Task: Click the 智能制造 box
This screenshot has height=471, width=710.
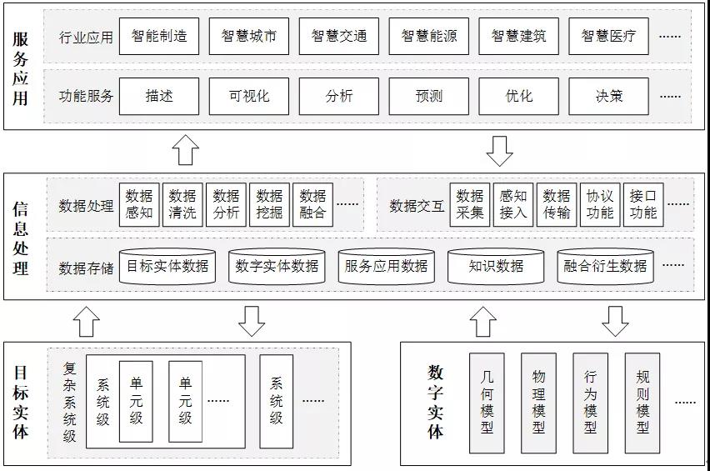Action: click(x=159, y=37)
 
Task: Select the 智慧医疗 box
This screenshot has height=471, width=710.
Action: click(x=609, y=37)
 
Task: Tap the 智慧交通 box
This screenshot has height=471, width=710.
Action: click(x=339, y=37)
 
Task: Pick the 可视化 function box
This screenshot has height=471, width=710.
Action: click(x=249, y=96)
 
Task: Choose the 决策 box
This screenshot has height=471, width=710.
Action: click(x=609, y=96)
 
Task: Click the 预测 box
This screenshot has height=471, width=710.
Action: click(x=429, y=96)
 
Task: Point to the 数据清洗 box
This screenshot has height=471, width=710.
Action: click(x=182, y=204)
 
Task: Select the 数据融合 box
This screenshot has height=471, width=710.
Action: click(x=312, y=204)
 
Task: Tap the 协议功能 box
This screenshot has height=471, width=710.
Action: click(x=599, y=204)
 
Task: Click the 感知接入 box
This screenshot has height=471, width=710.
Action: click(x=512, y=204)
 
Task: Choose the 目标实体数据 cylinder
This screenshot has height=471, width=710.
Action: click(x=167, y=266)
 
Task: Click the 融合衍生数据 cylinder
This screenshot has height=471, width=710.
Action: click(x=605, y=266)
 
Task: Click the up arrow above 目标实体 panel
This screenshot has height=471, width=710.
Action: click(x=86, y=320)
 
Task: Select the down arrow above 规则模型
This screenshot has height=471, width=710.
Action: click(x=615, y=320)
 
